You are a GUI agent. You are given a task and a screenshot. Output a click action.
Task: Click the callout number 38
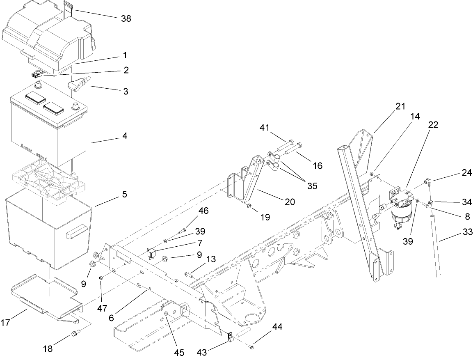pos(126,18)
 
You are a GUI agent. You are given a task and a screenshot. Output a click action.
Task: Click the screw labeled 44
pos(252,348)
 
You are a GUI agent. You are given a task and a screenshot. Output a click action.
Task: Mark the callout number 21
pos(400,107)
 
